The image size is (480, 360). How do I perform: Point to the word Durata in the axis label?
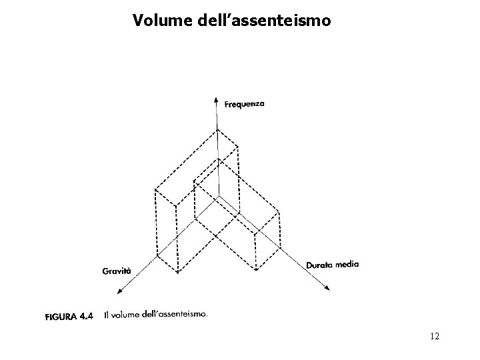point(319,265)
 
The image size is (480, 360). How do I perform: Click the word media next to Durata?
point(347,263)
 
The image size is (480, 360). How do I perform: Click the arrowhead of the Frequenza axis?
point(215,100)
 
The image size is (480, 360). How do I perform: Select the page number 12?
point(434,337)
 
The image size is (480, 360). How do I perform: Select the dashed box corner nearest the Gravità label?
point(157,255)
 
